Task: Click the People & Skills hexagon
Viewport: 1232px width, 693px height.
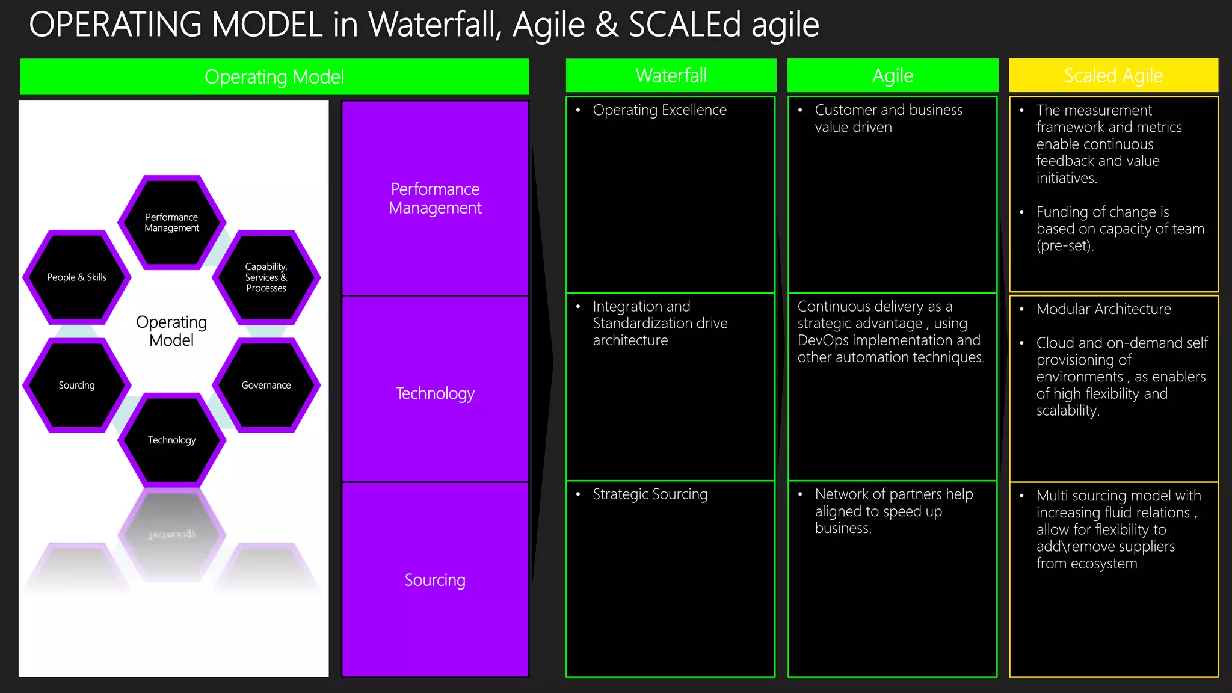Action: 76,277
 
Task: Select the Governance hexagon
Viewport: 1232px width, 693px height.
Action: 266,385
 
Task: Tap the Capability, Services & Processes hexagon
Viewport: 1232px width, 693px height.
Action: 266,277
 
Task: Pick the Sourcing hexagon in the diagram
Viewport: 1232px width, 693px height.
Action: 76,385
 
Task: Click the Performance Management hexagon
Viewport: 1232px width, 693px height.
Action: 171,223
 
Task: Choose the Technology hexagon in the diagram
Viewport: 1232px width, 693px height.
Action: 171,440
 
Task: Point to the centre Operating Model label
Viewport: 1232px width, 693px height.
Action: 171,331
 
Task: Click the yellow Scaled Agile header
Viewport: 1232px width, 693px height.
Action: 1113,76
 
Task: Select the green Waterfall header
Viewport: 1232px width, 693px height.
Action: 671,76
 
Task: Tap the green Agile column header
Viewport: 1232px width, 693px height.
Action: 892,76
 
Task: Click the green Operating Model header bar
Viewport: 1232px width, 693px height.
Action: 274,77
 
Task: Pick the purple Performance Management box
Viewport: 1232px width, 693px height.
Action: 435,199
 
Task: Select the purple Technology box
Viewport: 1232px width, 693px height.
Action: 435,393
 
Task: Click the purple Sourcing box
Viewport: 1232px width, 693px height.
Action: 435,580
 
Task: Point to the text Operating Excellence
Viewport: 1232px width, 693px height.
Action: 659,110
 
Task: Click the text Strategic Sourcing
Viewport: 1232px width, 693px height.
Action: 650,494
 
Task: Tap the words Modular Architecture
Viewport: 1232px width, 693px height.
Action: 1103,309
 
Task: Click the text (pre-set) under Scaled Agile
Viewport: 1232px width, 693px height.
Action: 1064,246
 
